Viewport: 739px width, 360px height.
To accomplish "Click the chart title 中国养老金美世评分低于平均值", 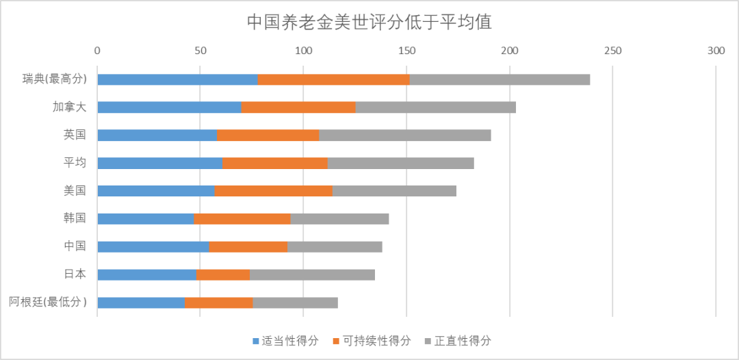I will [369, 22].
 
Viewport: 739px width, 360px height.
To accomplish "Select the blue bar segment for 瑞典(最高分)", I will [177, 79].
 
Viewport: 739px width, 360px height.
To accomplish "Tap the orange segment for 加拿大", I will [298, 107].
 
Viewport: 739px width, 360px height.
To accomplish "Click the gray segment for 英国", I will [405, 135].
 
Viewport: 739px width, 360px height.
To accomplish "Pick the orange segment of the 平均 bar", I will [275, 163].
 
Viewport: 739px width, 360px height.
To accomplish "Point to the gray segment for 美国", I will [394, 191].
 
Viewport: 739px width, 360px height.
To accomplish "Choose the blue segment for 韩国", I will [145, 219].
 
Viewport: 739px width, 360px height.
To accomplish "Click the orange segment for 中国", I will [248, 246].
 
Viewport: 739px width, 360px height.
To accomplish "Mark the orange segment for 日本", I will [223, 274].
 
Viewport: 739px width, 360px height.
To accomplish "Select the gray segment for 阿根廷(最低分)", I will [295, 303].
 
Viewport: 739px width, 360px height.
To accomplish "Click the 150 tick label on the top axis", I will [406, 51].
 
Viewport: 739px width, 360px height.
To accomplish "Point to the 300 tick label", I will [716, 51].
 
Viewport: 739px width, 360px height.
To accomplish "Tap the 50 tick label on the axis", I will [200, 51].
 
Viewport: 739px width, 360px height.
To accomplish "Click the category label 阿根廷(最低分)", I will [48, 302].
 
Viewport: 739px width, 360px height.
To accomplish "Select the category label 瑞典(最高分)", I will [55, 79].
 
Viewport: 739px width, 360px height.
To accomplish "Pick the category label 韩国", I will [75, 218].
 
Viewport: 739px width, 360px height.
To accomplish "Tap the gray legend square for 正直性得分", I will [428, 341].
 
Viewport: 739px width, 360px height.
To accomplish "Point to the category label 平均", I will [75, 163].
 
